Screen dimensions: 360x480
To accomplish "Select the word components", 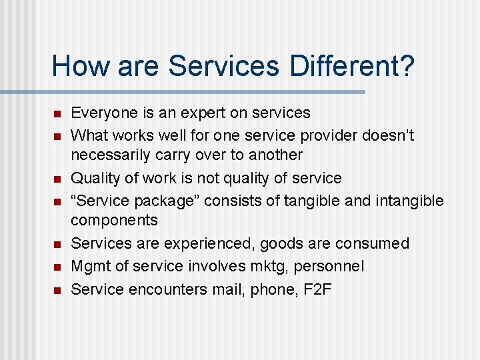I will [x=114, y=220].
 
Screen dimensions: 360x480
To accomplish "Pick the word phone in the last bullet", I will [x=271, y=289].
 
